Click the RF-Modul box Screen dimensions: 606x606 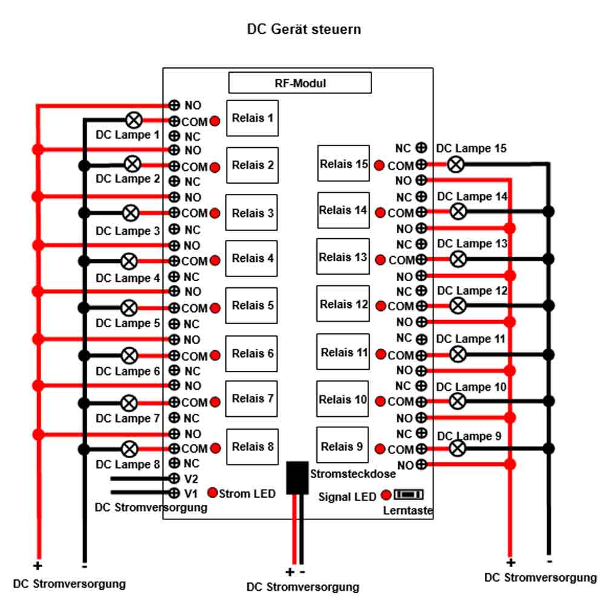[300, 82]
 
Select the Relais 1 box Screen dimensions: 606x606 [252, 118]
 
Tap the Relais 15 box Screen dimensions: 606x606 [343, 164]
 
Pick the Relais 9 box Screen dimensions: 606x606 [342, 445]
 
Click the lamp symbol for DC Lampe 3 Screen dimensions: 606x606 [131, 213]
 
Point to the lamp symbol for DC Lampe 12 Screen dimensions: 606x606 [458, 305]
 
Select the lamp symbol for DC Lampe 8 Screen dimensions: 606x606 [130, 449]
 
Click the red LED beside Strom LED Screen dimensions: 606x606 [213, 492]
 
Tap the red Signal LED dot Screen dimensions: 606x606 [386, 494]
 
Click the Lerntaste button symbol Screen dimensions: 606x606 [408, 494]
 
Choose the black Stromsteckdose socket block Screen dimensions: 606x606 [297, 478]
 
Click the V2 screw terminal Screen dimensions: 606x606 [175, 479]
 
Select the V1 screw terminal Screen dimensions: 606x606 [175, 493]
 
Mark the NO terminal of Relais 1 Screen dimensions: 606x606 [175, 105]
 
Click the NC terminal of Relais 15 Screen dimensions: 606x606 [421, 147]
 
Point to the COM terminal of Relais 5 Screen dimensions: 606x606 [175, 308]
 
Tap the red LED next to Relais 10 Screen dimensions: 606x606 [381, 402]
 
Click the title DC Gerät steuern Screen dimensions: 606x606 [304, 29]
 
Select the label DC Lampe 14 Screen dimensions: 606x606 [472, 197]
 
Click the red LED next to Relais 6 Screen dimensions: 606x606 [215, 355]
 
